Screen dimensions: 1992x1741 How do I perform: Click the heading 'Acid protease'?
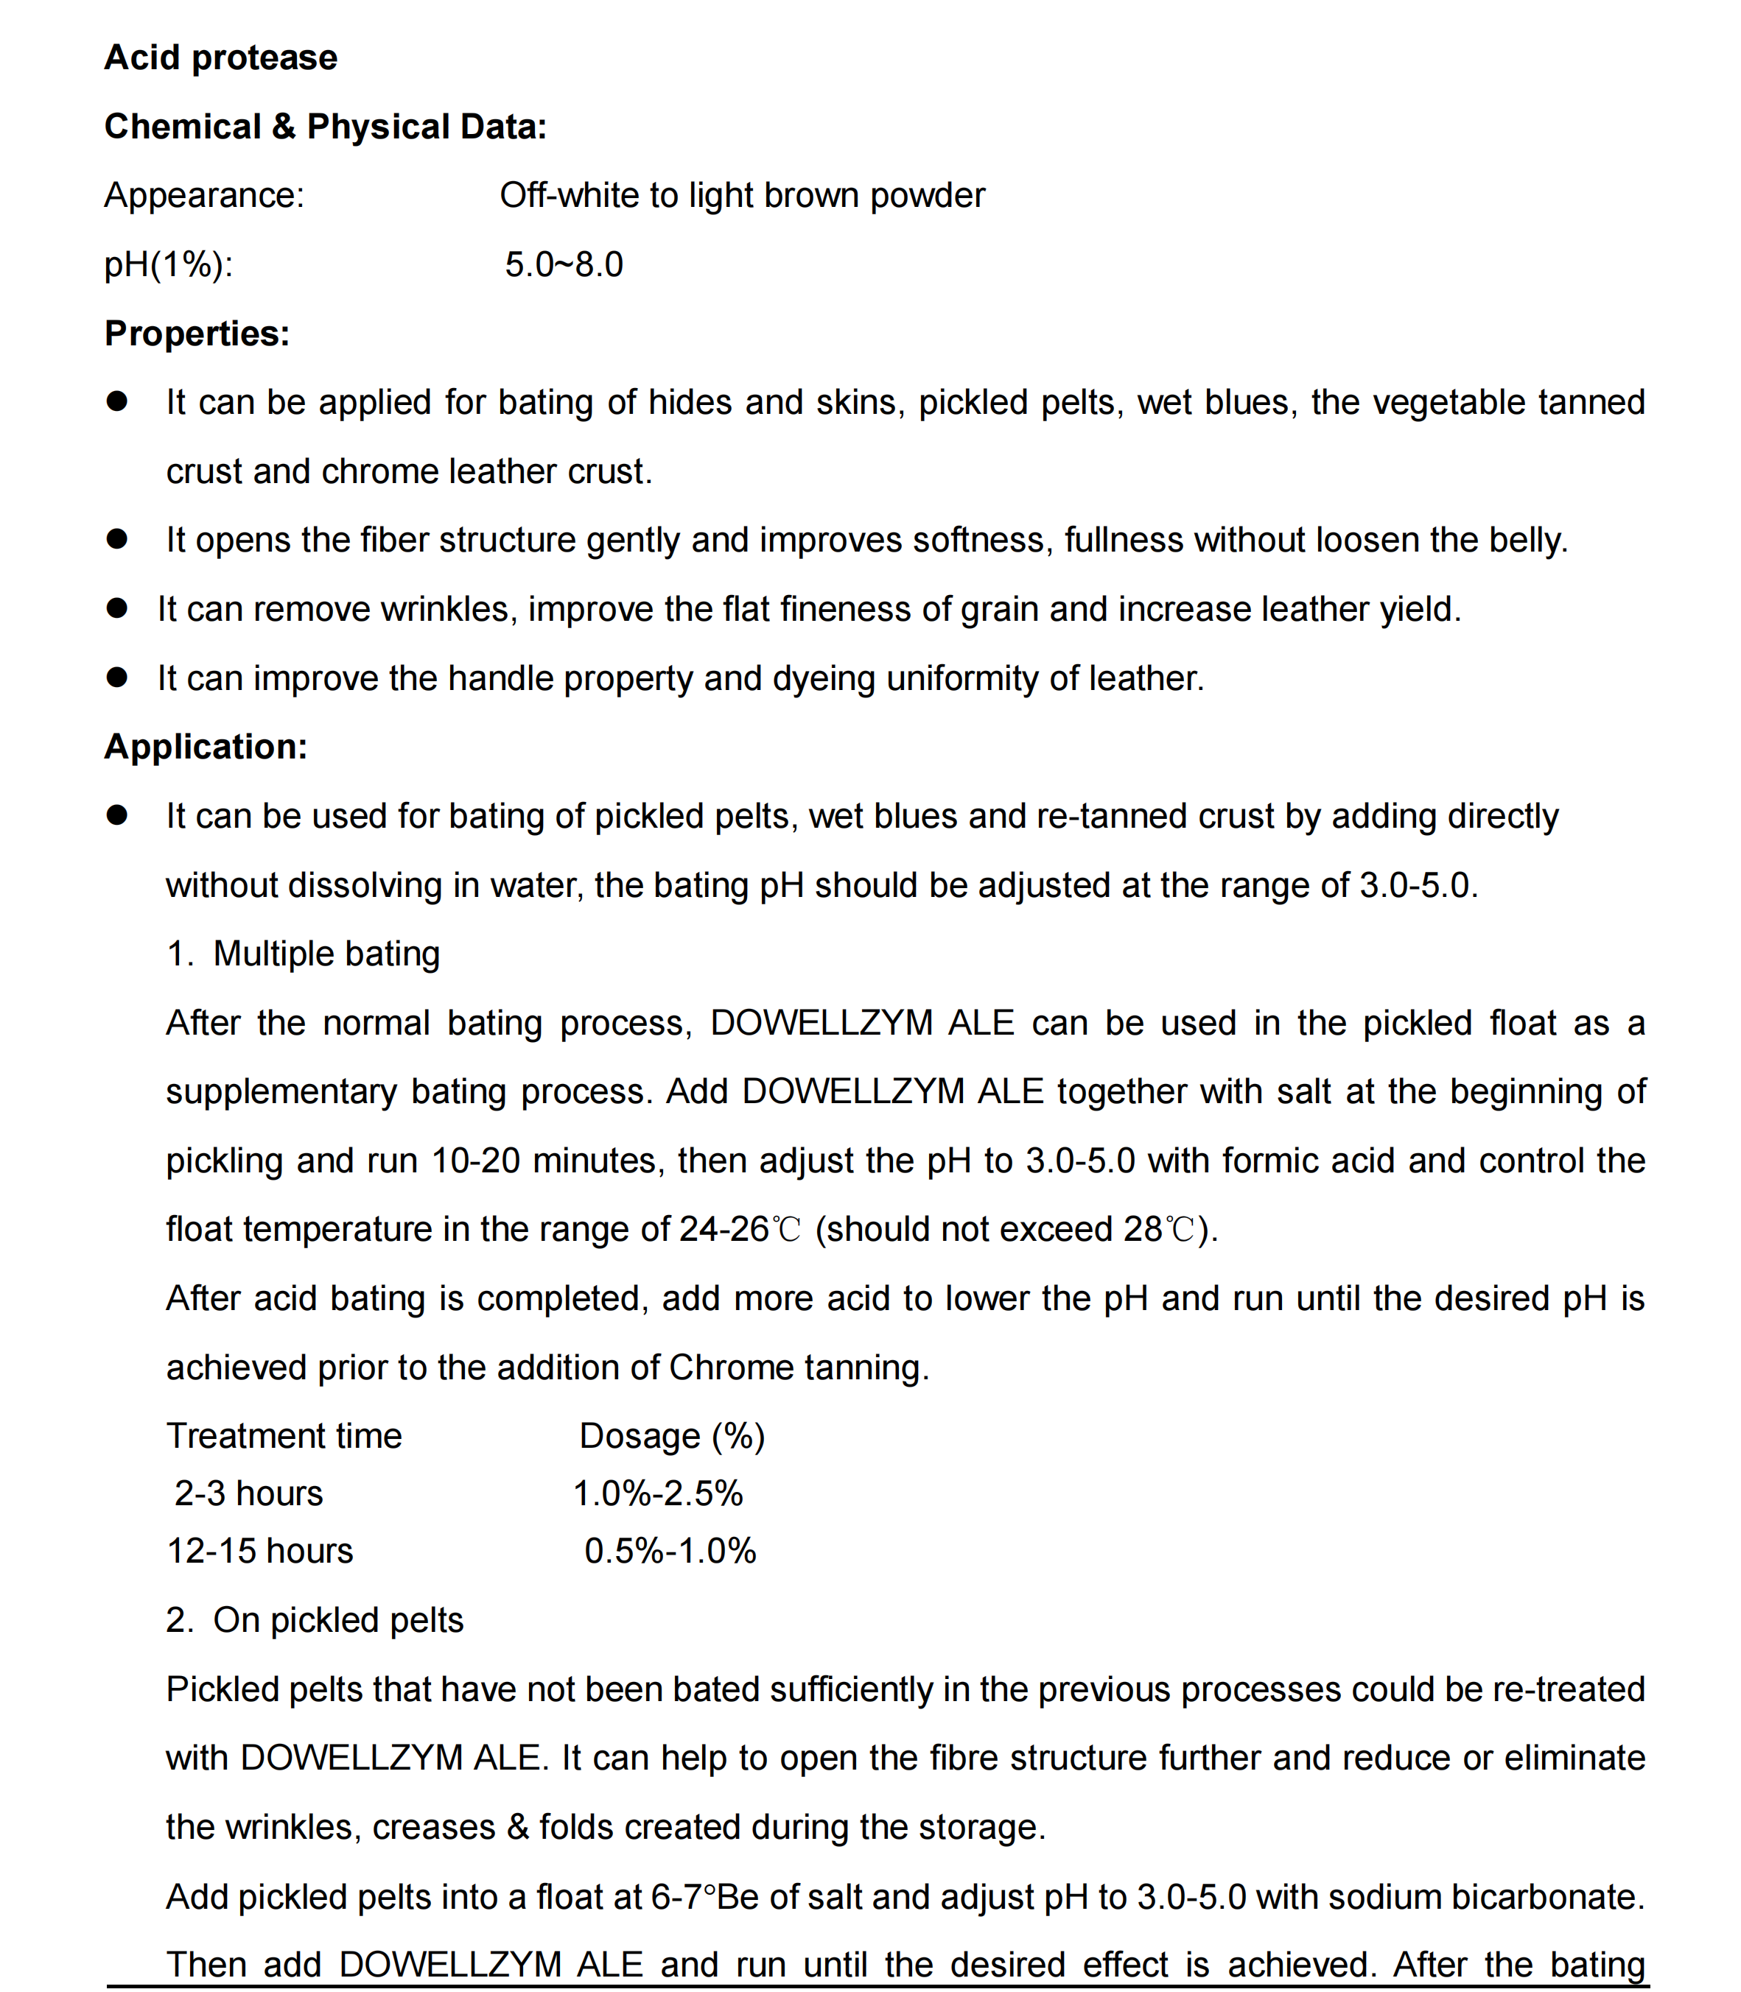(x=220, y=58)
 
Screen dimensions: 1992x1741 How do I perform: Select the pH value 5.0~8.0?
(x=564, y=264)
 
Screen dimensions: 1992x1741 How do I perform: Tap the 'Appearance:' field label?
(x=204, y=196)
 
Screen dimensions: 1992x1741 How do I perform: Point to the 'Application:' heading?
(x=206, y=747)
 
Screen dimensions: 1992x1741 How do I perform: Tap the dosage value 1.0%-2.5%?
(x=658, y=1493)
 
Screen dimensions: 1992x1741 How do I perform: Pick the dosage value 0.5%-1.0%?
(x=670, y=1551)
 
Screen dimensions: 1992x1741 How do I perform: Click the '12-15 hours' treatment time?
(x=260, y=1551)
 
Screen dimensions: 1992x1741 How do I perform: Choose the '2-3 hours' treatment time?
(x=249, y=1493)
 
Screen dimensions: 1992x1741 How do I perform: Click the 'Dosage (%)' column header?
(x=672, y=1437)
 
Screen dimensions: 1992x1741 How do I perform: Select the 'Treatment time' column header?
(x=284, y=1437)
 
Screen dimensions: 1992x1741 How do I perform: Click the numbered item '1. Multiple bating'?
(x=303, y=954)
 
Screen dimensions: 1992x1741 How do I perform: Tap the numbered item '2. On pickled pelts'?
(x=315, y=1620)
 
